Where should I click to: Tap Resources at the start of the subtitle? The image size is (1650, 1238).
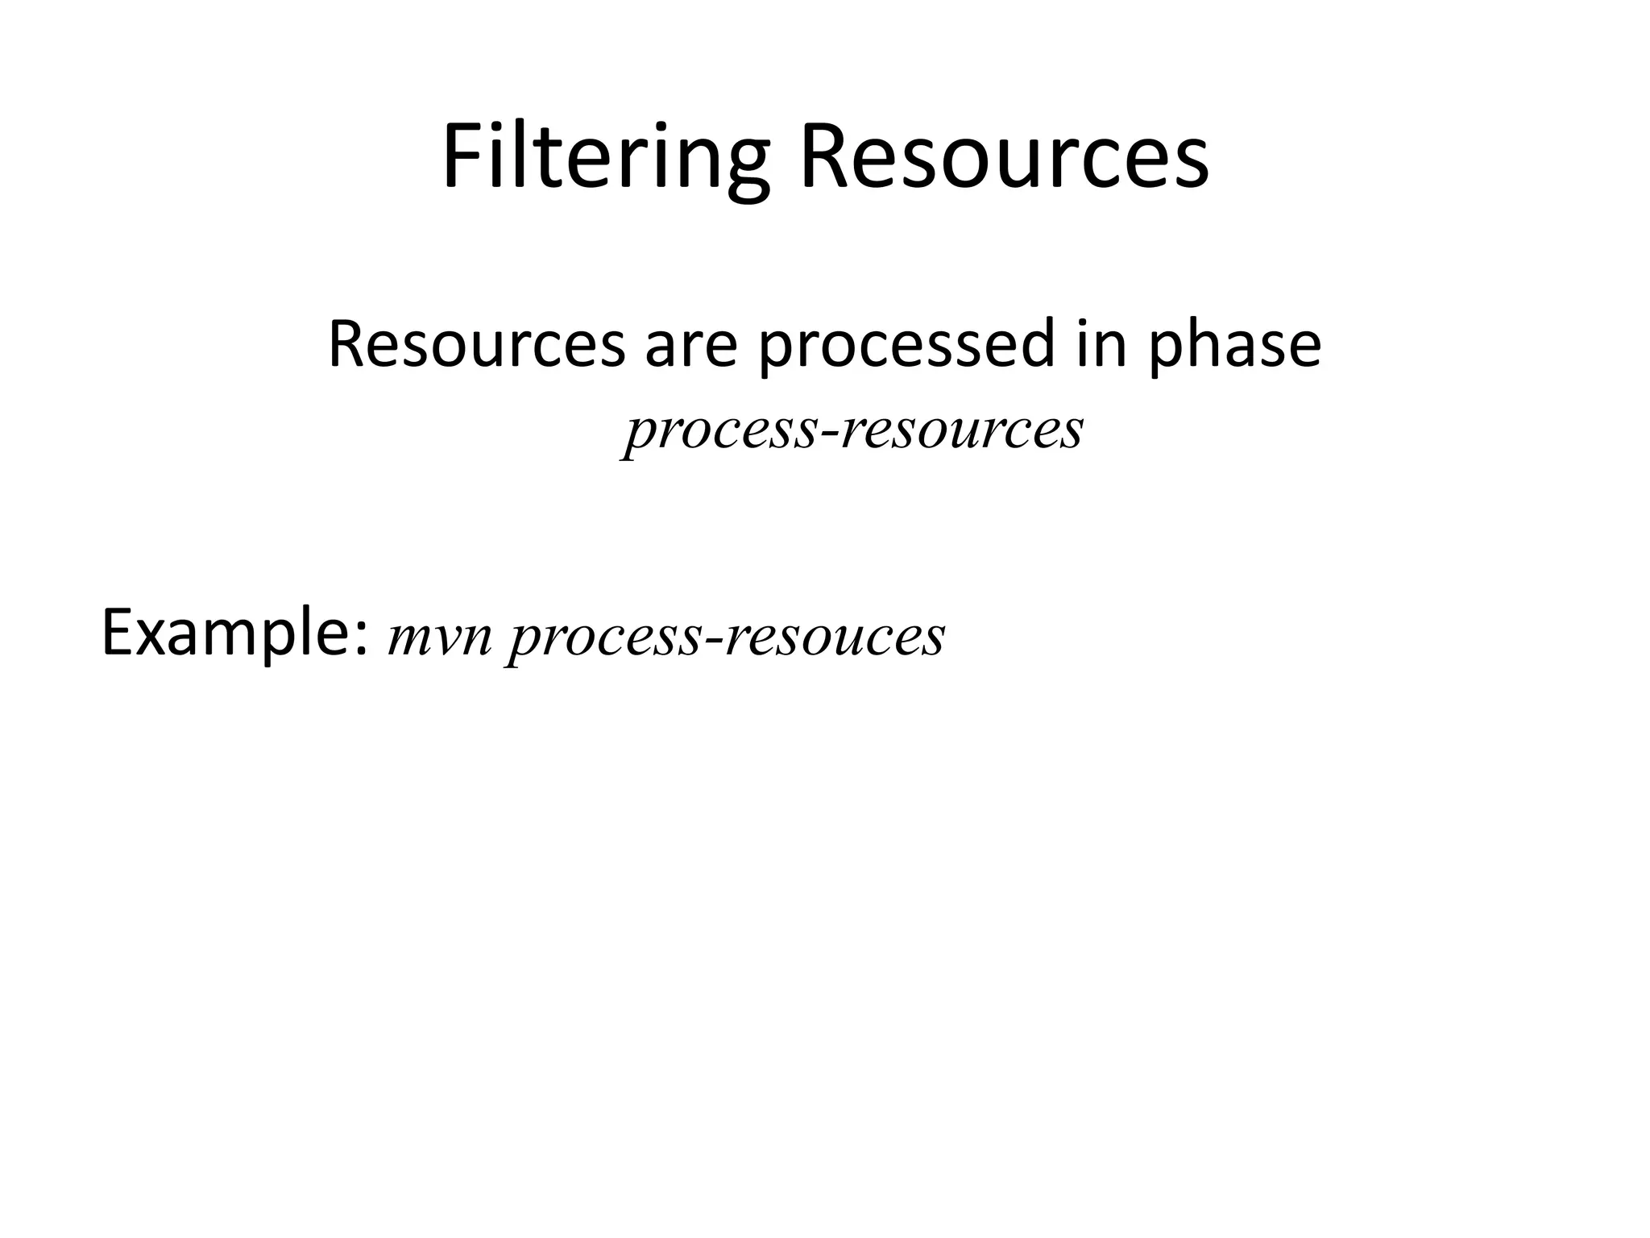click(x=476, y=345)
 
